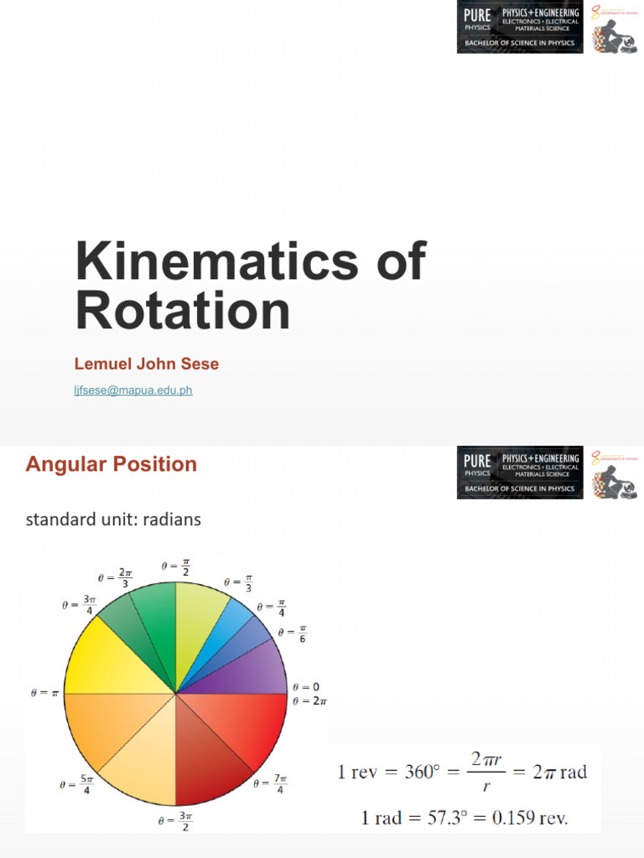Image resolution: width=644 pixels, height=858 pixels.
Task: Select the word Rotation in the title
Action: tap(183, 311)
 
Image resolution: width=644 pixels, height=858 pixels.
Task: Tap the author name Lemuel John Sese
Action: tap(147, 363)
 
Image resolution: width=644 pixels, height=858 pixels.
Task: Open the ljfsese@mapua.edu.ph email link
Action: tap(133, 390)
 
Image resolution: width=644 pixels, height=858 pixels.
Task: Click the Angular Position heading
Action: tap(111, 464)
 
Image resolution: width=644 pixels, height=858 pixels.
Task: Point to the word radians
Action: tap(172, 519)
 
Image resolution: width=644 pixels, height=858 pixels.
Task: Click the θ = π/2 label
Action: tap(175, 570)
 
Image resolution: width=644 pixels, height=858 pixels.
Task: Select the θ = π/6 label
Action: tap(295, 634)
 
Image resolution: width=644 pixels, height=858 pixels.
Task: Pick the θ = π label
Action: tap(43, 695)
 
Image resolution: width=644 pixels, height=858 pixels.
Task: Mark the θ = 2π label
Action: tap(309, 701)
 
